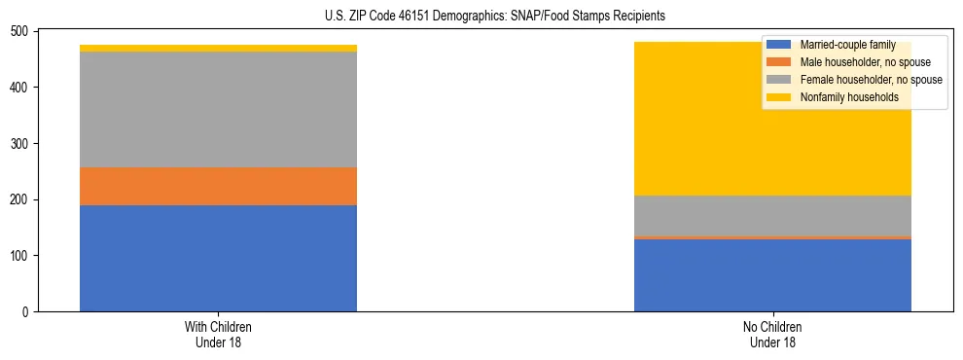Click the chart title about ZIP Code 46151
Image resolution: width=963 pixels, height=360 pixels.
(x=495, y=17)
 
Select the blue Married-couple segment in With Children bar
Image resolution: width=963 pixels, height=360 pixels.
(x=218, y=258)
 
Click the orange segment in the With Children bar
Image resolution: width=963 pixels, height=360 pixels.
(x=218, y=186)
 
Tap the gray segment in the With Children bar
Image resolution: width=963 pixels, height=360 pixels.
(x=218, y=110)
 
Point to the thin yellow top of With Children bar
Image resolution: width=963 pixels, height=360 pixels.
(x=218, y=48)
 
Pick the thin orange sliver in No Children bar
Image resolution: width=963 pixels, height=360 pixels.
(x=772, y=237)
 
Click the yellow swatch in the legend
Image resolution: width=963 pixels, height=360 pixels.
(x=779, y=97)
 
